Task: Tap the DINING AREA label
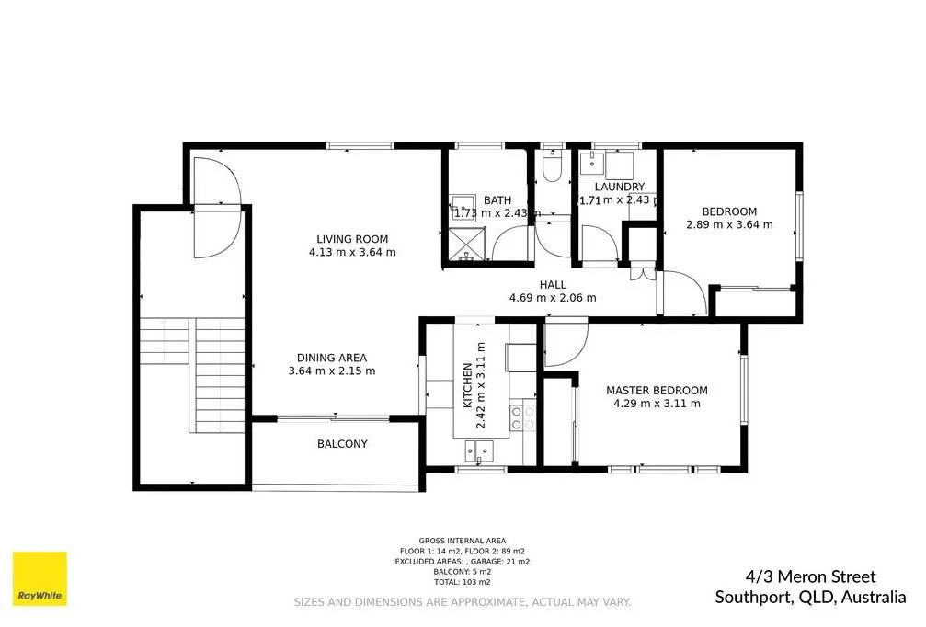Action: (331, 358)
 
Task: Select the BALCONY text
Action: (342, 444)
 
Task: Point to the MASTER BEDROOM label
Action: (657, 390)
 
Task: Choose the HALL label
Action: (553, 285)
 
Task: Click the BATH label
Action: (497, 200)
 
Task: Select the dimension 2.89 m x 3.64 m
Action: (729, 223)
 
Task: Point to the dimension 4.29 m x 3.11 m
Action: (657, 403)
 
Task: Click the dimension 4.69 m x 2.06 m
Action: (553, 297)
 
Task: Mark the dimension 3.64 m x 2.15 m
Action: (331, 370)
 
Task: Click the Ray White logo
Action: (40, 579)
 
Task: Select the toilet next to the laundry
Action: (553, 165)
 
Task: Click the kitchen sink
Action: (478, 450)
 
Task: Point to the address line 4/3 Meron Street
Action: (795, 577)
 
